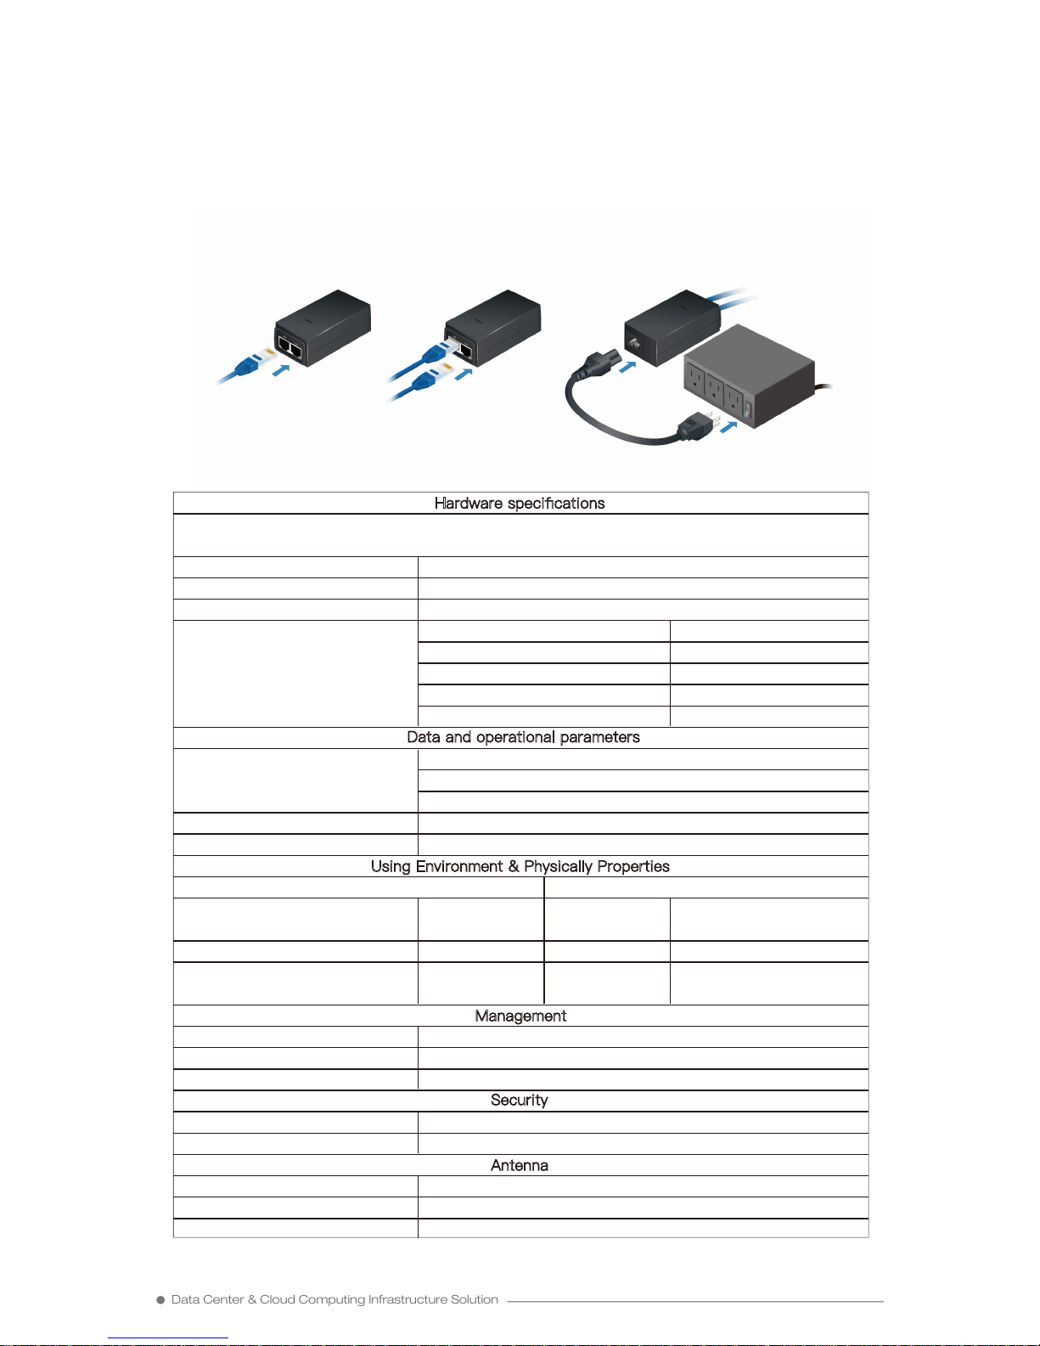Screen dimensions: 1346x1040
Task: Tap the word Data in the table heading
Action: [423, 737]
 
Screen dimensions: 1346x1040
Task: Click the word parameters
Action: [599, 737]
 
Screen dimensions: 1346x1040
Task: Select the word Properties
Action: [635, 866]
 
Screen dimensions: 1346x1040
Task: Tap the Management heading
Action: [520, 1016]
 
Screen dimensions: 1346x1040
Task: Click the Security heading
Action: [520, 1100]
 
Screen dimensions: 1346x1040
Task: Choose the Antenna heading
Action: [520, 1165]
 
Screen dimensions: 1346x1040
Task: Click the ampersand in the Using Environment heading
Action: [513, 866]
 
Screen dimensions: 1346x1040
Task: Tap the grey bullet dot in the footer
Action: [160, 1300]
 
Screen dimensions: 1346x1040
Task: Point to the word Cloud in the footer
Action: [277, 1299]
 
